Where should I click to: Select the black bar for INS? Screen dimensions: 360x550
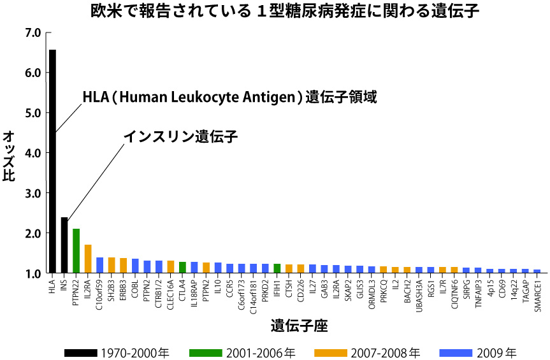coord(64,246)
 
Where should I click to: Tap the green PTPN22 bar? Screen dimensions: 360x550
coord(76,251)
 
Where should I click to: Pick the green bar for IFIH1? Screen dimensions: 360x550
coord(277,268)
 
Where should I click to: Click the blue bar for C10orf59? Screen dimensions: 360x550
coord(99,265)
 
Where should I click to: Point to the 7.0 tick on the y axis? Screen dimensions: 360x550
coord(32,32)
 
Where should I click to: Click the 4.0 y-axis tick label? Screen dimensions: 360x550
coord(32,153)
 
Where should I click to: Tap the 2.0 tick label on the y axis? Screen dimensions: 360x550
coord(32,234)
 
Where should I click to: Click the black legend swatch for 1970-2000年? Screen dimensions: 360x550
coord(80,352)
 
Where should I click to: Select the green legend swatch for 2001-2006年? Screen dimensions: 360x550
coord(205,352)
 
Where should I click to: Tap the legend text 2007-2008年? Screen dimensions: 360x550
coord(386,352)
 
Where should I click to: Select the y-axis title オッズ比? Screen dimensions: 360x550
coord(10,156)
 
